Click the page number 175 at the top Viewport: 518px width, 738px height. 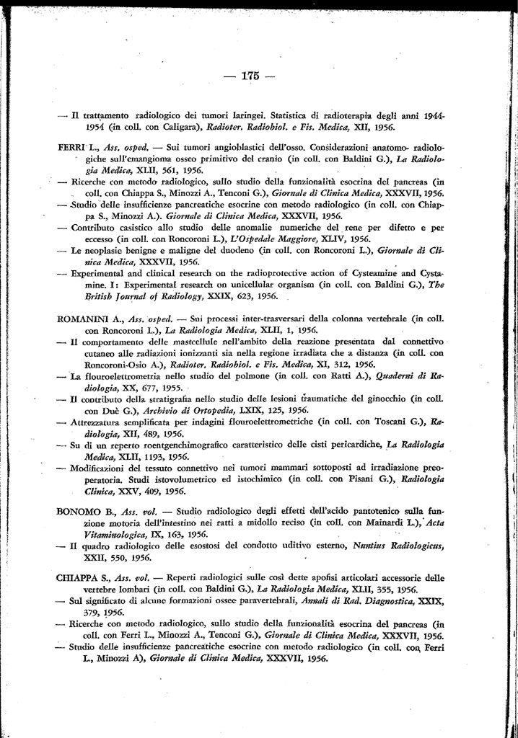click(x=250, y=76)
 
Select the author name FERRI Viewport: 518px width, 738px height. click(x=72, y=146)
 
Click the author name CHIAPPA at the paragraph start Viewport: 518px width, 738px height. click(x=76, y=577)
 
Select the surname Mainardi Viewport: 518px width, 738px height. click(x=351, y=523)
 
